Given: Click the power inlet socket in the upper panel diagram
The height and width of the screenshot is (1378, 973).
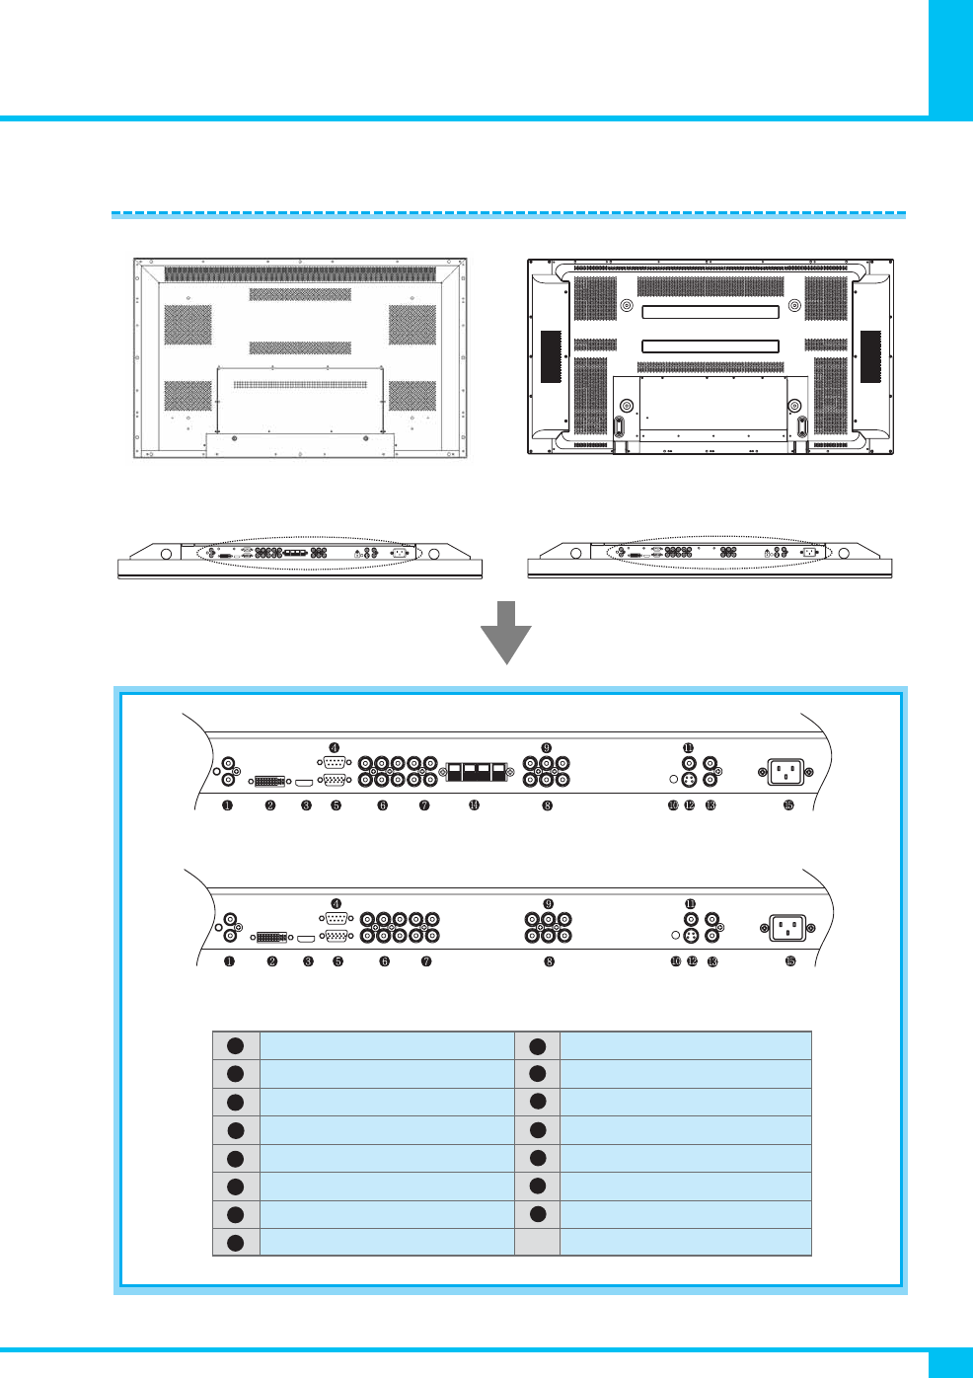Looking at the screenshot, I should tap(786, 771).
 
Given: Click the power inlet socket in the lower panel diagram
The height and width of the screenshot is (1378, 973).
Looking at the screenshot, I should tap(787, 928).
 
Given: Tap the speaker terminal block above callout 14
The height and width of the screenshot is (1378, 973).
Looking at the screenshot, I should tap(478, 771).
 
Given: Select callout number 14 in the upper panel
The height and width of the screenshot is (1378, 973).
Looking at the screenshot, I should tap(475, 805).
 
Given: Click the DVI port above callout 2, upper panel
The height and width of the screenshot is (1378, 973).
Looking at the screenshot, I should tap(269, 781).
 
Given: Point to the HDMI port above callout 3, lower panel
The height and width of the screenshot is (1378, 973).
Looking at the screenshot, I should tap(307, 937).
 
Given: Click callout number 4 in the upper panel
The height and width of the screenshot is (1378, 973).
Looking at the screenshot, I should tap(336, 749).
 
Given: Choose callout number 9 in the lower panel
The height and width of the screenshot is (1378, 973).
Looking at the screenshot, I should tap(549, 904).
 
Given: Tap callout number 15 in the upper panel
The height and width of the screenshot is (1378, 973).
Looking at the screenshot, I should tap(788, 805).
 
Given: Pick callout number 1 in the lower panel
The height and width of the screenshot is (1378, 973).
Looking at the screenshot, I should tap(229, 961).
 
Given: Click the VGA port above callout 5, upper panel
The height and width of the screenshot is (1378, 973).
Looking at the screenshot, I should tap(336, 780).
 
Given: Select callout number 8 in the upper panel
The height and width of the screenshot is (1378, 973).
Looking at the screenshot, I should tap(547, 805).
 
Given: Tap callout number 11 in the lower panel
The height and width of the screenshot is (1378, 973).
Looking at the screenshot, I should tap(691, 904).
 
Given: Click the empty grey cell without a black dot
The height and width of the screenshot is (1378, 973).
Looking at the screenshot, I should tap(538, 1242).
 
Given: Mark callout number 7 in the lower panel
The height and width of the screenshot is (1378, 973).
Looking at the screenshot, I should tap(426, 961).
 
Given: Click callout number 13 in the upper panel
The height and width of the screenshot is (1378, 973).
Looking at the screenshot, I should tap(711, 805).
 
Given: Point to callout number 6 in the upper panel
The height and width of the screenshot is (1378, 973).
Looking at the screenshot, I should tap(383, 805).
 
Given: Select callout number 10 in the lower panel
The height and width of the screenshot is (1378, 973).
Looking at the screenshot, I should tap(676, 961).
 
